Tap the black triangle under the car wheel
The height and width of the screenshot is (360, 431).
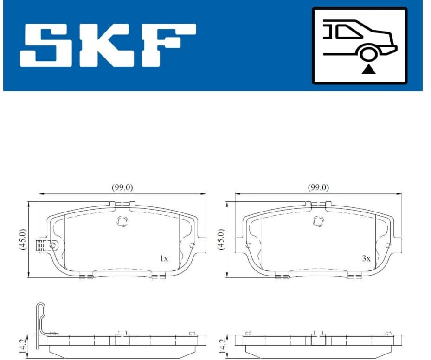point(368,70)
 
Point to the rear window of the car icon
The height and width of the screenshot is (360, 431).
point(347,32)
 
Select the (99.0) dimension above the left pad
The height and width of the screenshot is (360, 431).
point(122,187)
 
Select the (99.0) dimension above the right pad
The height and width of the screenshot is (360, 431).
point(318,187)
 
